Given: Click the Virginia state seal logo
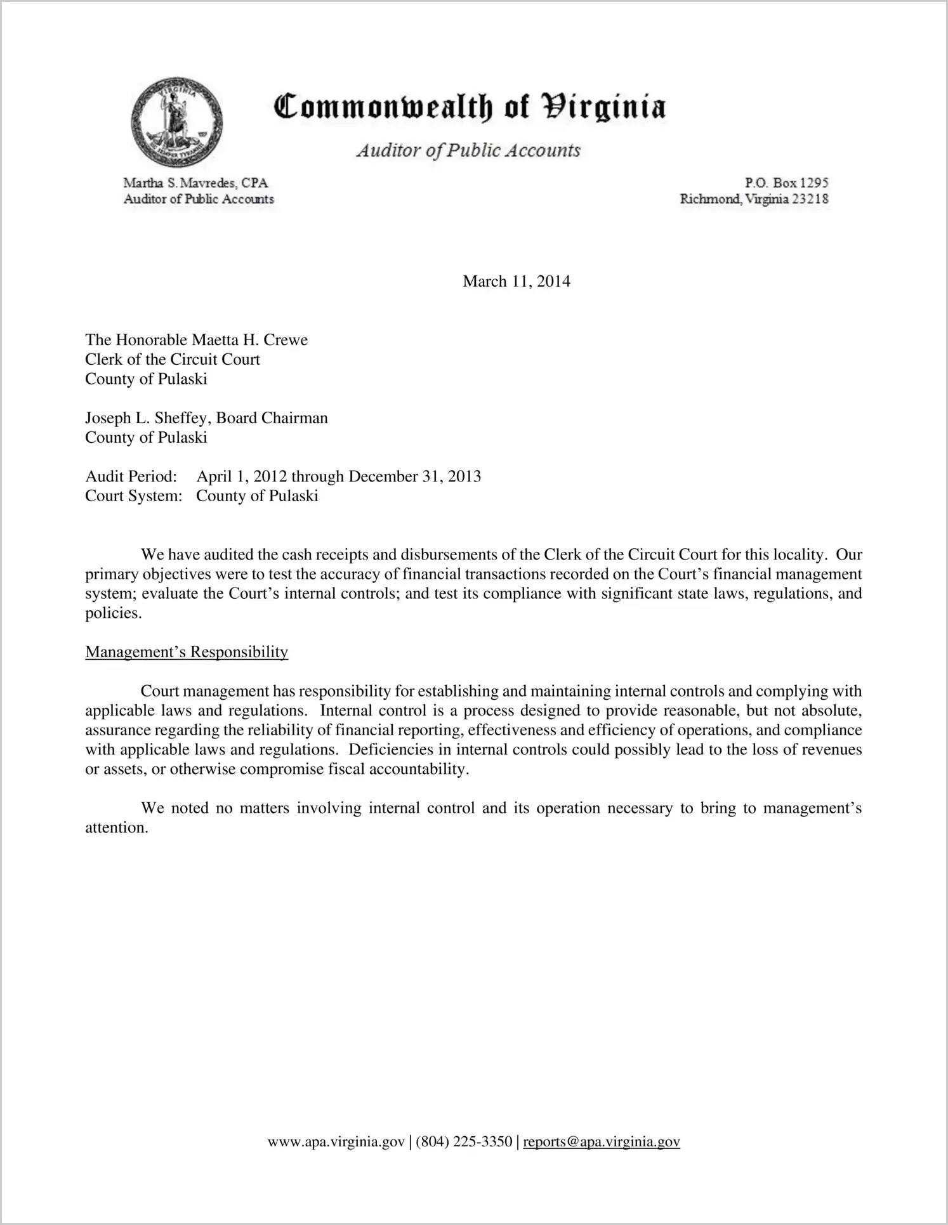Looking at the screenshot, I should click(x=176, y=122).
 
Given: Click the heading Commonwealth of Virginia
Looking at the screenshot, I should click(x=470, y=106).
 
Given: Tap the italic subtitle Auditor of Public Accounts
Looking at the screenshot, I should click(x=468, y=150).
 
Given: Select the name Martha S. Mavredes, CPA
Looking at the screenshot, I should click(x=195, y=183).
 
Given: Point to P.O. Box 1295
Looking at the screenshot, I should click(x=786, y=183).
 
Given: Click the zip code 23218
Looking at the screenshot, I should click(x=810, y=199).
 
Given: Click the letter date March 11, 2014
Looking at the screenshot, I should click(x=517, y=281).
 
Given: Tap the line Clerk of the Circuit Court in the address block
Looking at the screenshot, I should click(x=173, y=360).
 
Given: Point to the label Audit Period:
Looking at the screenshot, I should click(x=131, y=476).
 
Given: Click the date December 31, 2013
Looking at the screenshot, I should click(x=414, y=476).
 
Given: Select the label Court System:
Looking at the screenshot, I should click(x=133, y=496).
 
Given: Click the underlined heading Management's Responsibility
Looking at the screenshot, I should click(x=187, y=652).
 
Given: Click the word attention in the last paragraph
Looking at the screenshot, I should click(x=115, y=828).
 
